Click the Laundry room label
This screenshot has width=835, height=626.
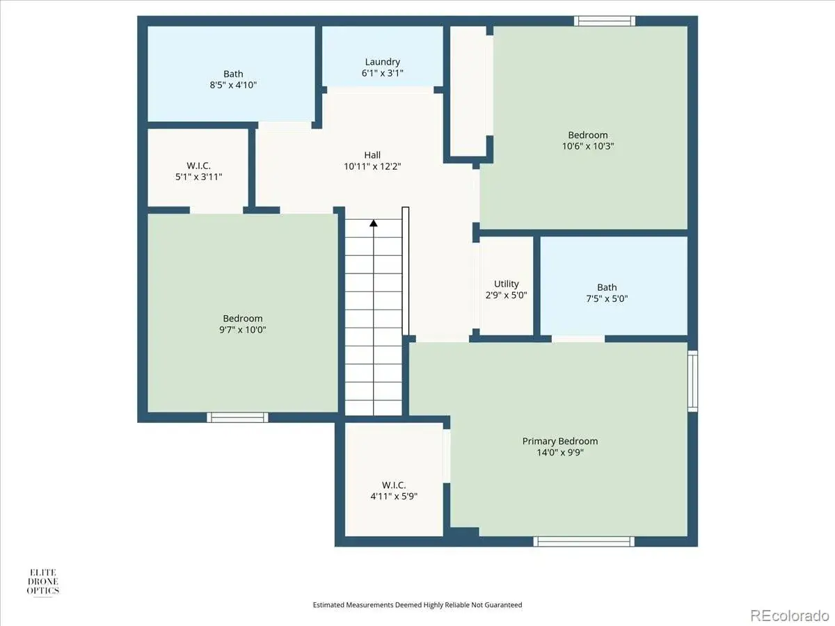tap(382, 62)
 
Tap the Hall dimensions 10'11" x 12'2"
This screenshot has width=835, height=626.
tap(372, 166)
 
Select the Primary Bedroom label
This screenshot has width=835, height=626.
tap(560, 441)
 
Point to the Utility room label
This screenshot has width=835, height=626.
tap(507, 284)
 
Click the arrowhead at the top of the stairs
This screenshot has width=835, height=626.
tap(374, 223)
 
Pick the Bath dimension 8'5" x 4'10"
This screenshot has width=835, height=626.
tap(233, 85)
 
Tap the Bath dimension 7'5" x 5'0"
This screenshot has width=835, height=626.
tap(607, 299)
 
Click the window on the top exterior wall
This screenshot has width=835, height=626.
tap(605, 21)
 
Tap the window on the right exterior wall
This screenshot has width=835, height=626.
tap(693, 381)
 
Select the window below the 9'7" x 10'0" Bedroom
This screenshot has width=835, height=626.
tap(237, 417)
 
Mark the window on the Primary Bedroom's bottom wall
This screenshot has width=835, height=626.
tap(584, 542)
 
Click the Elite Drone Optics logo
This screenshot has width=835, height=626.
tap(43, 582)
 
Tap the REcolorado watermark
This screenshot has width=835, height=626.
tap(790, 615)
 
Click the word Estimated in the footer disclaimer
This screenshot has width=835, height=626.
tap(328, 604)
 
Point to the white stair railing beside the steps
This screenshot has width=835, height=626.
tap(406, 271)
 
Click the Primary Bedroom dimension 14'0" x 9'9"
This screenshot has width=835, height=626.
tap(560, 453)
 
